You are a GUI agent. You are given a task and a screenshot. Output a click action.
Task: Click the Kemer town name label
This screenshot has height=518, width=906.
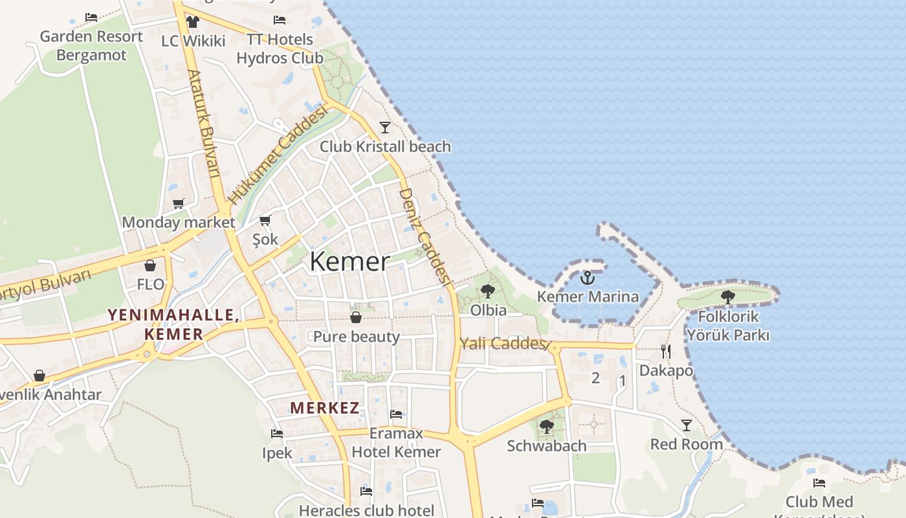tap(349, 262)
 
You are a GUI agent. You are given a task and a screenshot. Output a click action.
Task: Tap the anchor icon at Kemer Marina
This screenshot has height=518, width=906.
tap(587, 278)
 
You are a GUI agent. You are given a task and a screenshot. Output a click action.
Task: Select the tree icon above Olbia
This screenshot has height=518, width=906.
tap(488, 291)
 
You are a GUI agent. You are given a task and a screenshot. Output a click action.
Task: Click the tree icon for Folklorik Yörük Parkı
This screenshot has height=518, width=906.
tap(727, 297)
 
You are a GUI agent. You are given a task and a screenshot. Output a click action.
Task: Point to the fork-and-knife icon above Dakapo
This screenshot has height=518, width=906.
tap(665, 351)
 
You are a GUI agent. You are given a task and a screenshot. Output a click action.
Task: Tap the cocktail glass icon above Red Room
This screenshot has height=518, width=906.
tap(686, 425)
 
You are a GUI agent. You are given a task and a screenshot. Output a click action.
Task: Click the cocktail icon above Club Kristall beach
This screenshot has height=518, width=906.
tap(385, 127)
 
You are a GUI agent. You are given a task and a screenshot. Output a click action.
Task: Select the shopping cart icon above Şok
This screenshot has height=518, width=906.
tap(265, 220)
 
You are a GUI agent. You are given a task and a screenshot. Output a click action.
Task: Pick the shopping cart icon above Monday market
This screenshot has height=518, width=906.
tap(178, 203)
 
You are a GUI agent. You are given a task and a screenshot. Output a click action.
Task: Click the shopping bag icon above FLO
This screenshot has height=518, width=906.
tap(150, 265)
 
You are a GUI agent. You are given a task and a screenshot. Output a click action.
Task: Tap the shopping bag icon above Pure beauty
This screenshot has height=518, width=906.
tap(356, 317)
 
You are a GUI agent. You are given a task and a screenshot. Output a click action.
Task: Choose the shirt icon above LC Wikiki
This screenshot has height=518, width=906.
tap(192, 22)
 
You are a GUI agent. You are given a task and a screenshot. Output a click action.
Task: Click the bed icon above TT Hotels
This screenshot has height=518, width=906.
tap(280, 20)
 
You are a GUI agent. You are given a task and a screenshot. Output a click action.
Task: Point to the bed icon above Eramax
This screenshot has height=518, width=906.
tap(396, 414)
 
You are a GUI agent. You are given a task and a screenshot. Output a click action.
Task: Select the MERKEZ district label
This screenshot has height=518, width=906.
tap(324, 408)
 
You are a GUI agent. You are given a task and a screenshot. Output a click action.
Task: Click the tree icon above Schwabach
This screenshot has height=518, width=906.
tap(546, 426)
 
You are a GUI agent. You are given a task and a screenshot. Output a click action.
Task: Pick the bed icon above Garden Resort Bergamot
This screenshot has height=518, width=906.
tap(91, 17)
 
